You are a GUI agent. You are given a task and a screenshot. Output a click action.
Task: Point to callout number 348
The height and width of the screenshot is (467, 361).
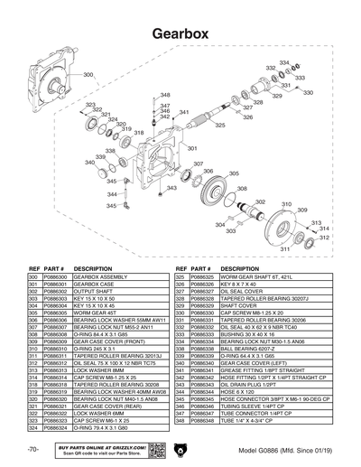coord(165,95)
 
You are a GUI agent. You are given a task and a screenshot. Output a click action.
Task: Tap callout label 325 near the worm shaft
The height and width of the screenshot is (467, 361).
coord(220,126)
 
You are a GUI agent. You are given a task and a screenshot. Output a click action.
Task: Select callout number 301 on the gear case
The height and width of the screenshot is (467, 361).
coord(191,147)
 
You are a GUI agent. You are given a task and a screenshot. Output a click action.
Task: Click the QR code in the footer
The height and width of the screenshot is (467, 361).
coord(154,449)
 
